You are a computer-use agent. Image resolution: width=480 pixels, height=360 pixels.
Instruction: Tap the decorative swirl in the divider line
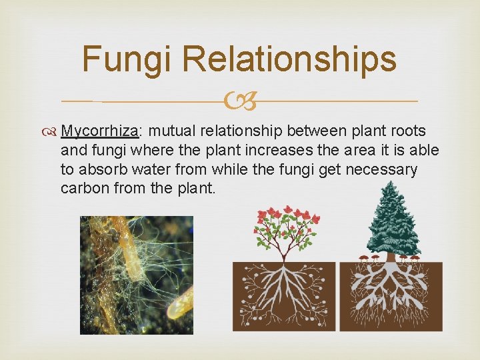coord(239,102)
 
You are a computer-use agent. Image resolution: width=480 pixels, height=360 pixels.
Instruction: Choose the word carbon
coord(83,188)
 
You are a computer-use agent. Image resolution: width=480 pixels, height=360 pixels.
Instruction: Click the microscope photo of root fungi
coord(136,274)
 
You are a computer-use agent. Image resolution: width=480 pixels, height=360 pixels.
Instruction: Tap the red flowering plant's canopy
coord(287,227)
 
